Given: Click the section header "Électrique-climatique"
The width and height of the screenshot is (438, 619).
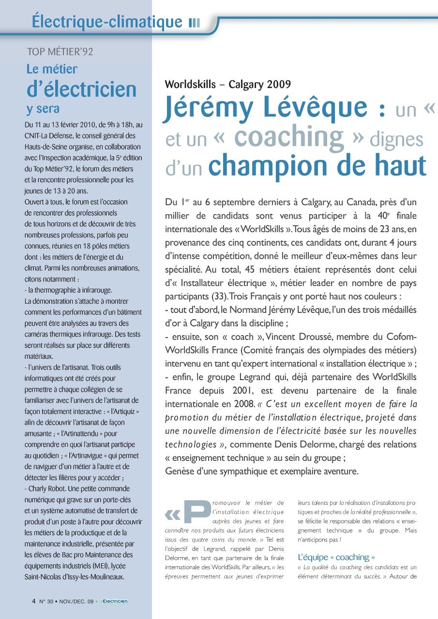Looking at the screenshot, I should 106,21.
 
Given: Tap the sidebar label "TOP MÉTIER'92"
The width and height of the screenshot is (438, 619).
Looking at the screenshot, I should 60,52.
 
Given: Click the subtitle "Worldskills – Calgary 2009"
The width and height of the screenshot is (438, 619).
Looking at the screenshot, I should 228,84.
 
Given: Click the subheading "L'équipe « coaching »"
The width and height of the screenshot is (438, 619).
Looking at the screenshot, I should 336,557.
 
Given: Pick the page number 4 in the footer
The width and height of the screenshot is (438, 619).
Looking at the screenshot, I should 33,601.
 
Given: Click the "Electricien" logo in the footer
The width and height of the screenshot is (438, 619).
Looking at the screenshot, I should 115,601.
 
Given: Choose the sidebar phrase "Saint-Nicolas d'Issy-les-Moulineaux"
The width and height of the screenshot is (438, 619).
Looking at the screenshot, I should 74,577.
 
